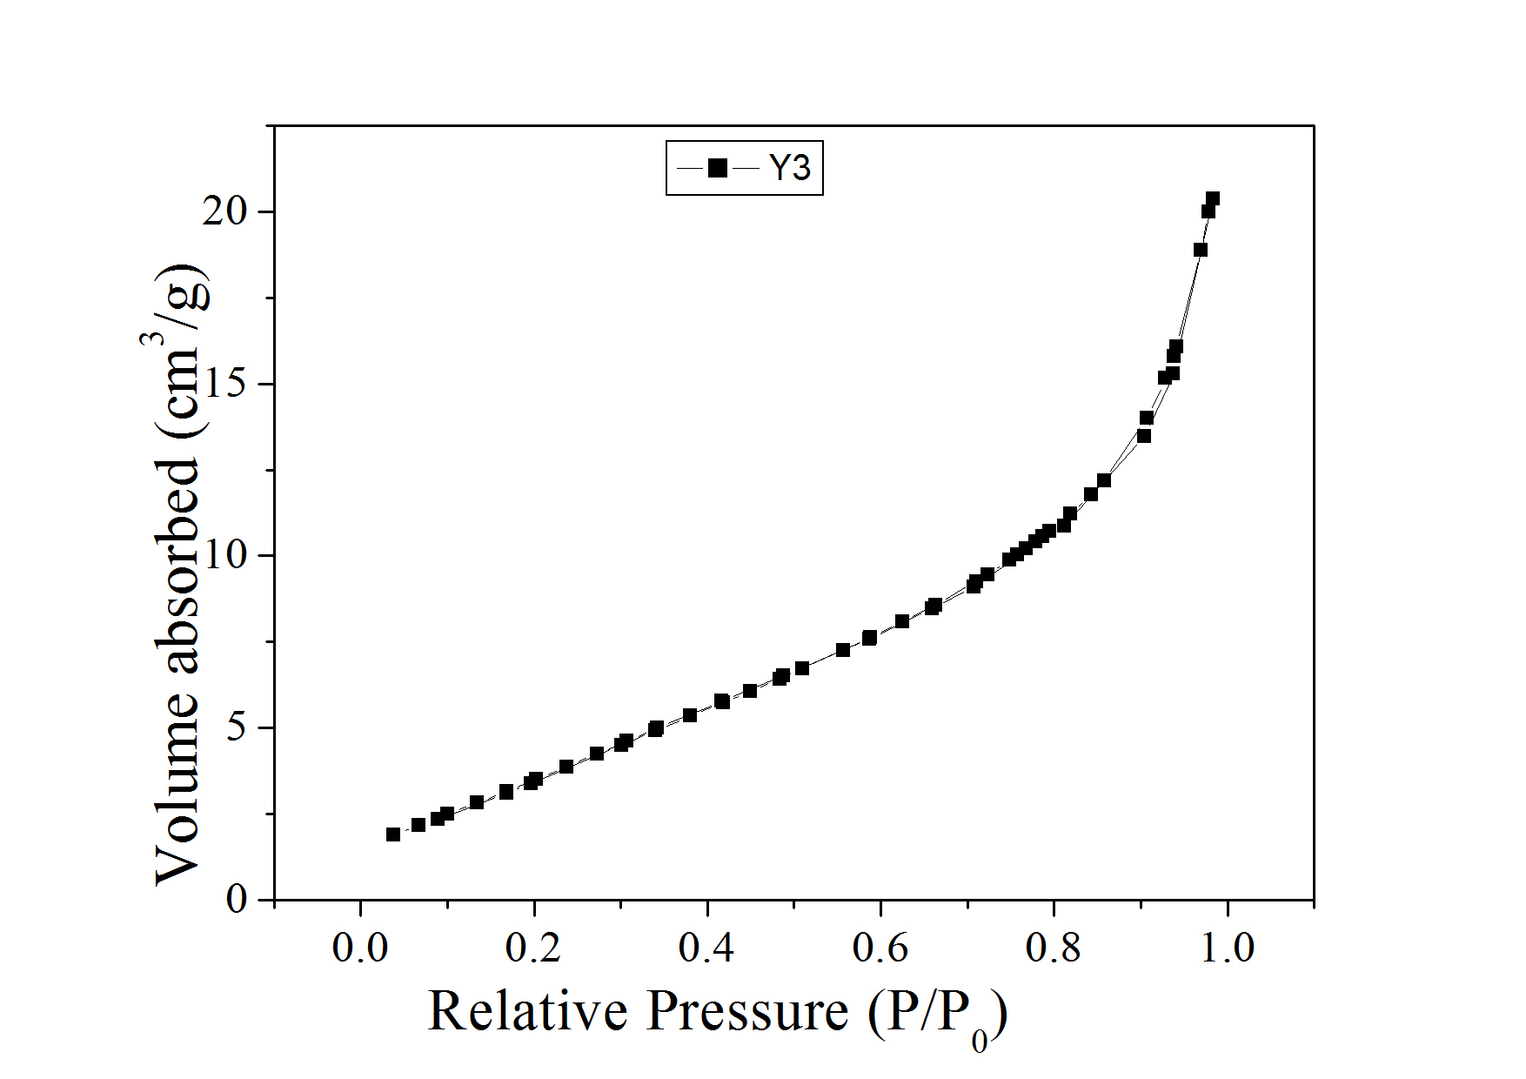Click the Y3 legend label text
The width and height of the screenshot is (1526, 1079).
click(x=790, y=168)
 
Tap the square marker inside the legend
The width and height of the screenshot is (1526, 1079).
click(x=718, y=168)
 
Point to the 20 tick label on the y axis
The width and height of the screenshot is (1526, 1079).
click(x=225, y=211)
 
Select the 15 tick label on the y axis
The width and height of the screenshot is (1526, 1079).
click(x=225, y=384)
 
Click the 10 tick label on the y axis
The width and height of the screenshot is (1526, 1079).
click(x=225, y=555)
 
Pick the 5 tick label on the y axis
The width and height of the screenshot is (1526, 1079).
click(x=237, y=727)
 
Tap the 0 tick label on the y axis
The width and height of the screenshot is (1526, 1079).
click(x=237, y=899)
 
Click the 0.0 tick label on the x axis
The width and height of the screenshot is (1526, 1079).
click(x=360, y=947)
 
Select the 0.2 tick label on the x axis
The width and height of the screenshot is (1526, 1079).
click(x=533, y=947)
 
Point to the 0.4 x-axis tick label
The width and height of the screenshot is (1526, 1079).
click(x=706, y=947)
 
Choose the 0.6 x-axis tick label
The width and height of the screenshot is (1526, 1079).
click(x=880, y=947)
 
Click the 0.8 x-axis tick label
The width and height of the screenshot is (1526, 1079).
click(x=1053, y=947)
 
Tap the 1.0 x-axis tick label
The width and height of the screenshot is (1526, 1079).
click(x=1227, y=947)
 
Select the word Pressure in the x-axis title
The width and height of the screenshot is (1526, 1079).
click(x=747, y=1011)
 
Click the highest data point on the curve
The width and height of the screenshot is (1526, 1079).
click(x=1212, y=198)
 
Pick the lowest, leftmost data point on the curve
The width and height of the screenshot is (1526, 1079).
click(x=393, y=834)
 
